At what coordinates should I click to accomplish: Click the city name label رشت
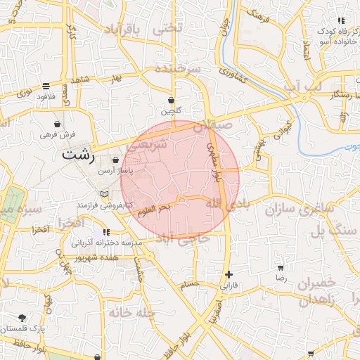(x=79, y=155)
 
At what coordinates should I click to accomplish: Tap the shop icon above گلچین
(x=172, y=100)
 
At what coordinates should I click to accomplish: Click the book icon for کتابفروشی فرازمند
(x=104, y=194)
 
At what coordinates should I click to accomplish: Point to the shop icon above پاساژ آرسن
(x=115, y=160)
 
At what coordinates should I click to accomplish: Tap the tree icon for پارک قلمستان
(x=22, y=318)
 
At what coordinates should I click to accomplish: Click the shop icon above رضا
(x=281, y=268)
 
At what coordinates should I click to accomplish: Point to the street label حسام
(x=190, y=284)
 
